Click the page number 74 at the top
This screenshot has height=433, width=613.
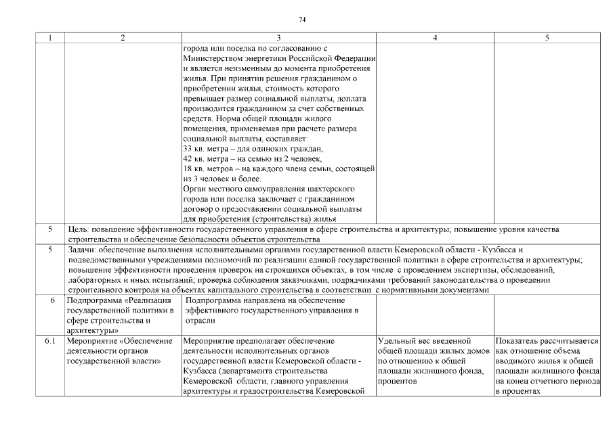click(x=302, y=20)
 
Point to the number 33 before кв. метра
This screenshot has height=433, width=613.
click(x=188, y=148)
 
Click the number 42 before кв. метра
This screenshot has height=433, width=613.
click(x=188, y=158)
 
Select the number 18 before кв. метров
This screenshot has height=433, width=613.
click(x=188, y=168)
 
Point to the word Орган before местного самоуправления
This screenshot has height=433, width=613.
click(x=195, y=188)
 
